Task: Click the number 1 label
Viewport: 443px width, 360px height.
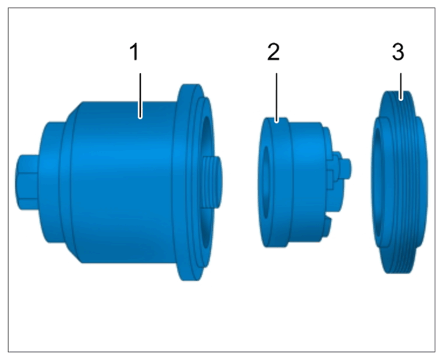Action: [x=134, y=52]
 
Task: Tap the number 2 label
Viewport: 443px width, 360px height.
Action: [x=273, y=52]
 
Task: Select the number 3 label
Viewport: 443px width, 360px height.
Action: [x=398, y=52]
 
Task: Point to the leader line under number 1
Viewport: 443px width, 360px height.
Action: [x=140, y=96]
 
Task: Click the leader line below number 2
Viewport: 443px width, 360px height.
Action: [x=277, y=98]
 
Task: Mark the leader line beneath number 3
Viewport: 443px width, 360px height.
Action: [x=401, y=86]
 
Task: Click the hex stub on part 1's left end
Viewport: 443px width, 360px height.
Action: [x=27, y=182]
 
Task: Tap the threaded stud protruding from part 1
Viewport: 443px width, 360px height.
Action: [x=212, y=182]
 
